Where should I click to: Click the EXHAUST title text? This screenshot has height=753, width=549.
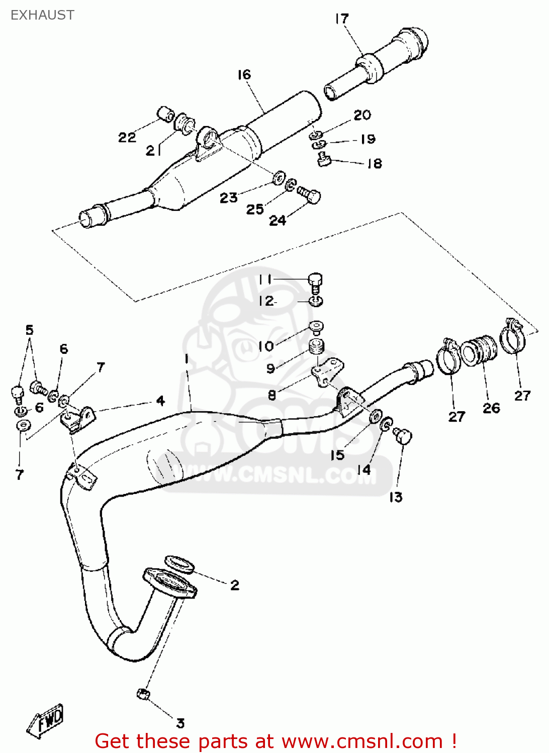tap(42, 15)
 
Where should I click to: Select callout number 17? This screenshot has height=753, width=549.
tap(341, 19)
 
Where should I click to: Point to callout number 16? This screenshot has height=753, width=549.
tap(244, 75)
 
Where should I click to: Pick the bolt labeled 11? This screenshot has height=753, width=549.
tap(315, 282)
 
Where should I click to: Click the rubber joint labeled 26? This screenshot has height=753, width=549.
tap(479, 349)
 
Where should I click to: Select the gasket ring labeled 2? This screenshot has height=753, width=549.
tap(179, 563)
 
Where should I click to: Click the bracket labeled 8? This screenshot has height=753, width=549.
tap(326, 372)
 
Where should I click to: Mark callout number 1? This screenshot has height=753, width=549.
tap(187, 358)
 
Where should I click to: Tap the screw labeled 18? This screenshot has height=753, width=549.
tap(324, 160)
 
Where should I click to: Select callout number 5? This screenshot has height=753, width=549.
tap(29, 330)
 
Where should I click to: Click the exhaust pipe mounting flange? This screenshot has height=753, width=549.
tap(169, 584)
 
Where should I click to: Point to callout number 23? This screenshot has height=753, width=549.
tap(228, 198)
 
